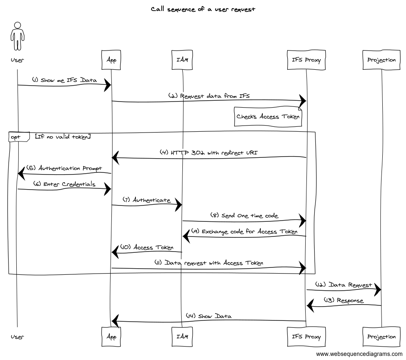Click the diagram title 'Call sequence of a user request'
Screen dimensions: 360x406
click(x=203, y=9)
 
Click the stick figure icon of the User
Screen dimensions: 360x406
click(x=17, y=37)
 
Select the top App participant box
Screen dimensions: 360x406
click(x=111, y=60)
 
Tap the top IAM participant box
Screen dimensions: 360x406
click(x=182, y=60)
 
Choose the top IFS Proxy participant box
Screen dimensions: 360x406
click(x=306, y=60)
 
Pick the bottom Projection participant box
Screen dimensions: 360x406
click(x=382, y=337)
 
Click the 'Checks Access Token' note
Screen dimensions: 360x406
click(x=268, y=117)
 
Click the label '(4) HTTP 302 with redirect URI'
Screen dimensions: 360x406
click(x=209, y=152)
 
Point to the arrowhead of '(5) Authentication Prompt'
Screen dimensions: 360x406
click(x=21, y=174)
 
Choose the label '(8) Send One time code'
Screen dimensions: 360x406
click(x=244, y=216)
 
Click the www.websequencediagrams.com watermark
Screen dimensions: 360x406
click(x=359, y=353)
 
